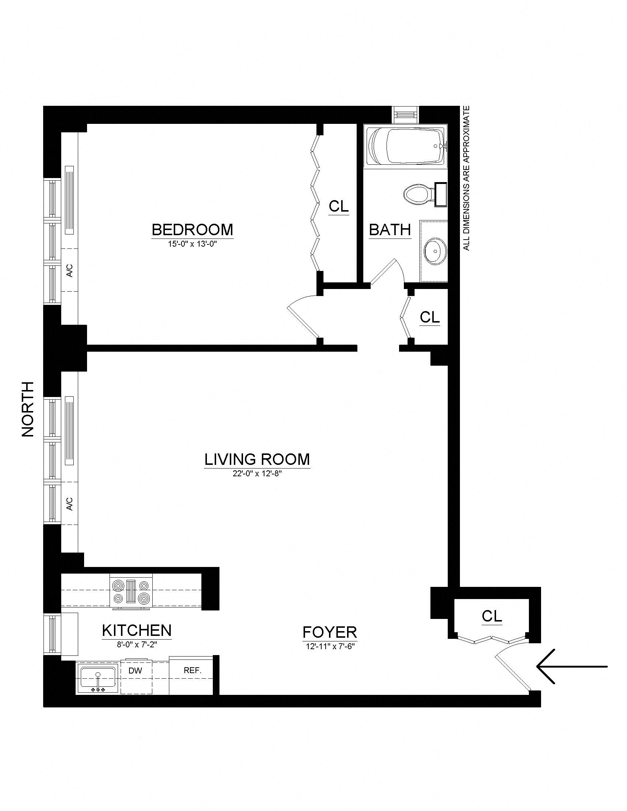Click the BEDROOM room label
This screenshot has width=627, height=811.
point(193,229)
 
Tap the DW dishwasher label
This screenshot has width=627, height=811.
point(136,671)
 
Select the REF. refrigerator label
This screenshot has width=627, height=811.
point(193,671)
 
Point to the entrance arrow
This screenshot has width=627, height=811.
point(571,666)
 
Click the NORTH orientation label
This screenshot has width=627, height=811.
point(28,409)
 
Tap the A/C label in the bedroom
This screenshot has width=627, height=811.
point(69,270)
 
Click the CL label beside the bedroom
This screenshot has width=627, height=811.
point(338,206)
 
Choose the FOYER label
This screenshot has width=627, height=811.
point(329,631)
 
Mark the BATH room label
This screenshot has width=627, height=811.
point(389,230)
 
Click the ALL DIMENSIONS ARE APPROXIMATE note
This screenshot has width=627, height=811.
point(467,178)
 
